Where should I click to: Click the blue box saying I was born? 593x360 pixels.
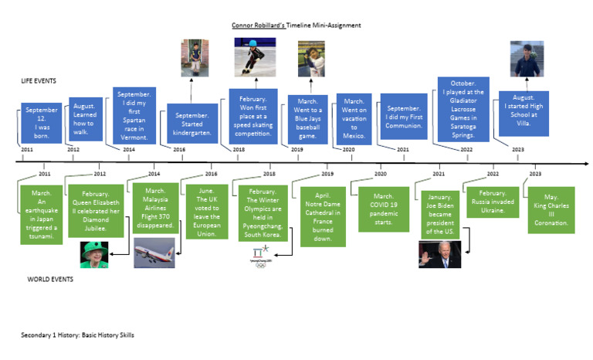41,124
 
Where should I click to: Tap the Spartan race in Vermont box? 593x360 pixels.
135,114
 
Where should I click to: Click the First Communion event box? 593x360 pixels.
403,116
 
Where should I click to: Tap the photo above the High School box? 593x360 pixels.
527,59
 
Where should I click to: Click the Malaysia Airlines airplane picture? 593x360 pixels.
152,253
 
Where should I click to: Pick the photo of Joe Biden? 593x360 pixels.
439,253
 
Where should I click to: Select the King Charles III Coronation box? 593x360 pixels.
551,209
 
